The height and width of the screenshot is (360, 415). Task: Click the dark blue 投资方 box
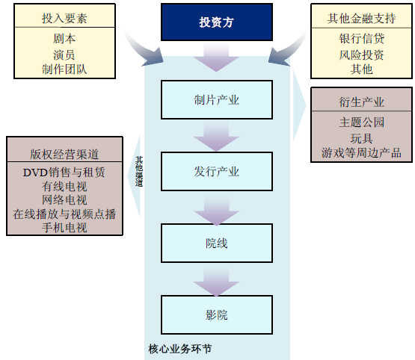(217, 22)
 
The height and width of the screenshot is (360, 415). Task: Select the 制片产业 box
(217, 100)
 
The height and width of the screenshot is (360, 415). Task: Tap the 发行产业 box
(217, 172)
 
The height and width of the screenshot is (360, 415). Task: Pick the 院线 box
(217, 243)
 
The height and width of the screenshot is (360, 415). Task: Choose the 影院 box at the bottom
(217, 314)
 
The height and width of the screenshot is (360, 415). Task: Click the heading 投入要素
(64, 18)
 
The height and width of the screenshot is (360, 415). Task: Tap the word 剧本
(64, 39)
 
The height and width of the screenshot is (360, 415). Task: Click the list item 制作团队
(64, 69)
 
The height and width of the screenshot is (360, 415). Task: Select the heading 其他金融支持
(362, 18)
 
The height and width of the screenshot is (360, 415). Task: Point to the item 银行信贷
(362, 39)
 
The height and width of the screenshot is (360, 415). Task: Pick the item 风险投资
(362, 55)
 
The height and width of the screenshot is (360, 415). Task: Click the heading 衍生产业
(362, 102)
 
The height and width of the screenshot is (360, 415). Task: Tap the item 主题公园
(362, 122)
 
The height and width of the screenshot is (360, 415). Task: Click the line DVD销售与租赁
(64, 173)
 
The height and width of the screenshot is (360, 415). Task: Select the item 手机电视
(64, 228)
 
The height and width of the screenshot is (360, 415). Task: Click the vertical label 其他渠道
(139, 172)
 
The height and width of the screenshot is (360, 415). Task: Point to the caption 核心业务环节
(180, 349)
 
